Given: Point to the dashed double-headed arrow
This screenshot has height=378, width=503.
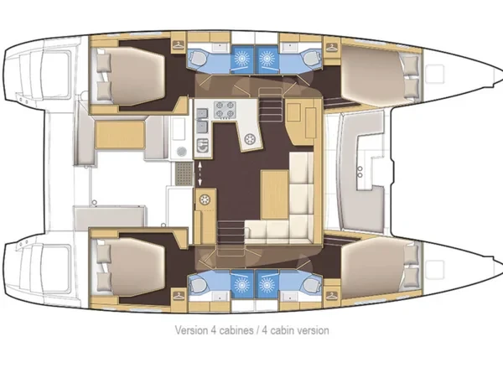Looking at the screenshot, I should (201, 173).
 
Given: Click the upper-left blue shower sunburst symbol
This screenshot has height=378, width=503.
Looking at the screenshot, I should (241, 58).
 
